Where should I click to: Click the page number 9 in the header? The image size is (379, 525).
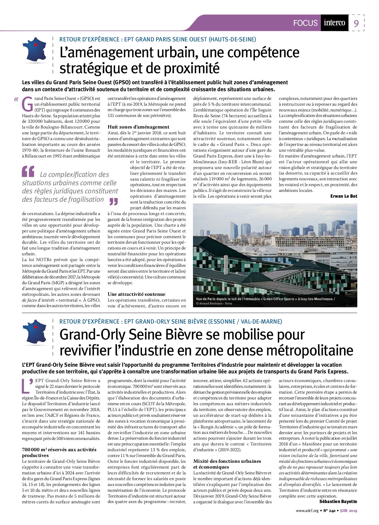point(356,23)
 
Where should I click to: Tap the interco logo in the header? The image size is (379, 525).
point(334,23)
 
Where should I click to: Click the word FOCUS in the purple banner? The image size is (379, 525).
point(305,23)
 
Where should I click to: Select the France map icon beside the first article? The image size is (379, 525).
point(35,50)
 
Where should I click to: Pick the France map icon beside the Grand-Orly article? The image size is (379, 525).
point(35,332)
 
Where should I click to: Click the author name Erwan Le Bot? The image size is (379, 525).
point(344,196)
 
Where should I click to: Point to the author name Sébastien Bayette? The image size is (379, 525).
point(338,502)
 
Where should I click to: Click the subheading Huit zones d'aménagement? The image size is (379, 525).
point(138,127)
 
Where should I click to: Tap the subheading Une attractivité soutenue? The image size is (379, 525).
point(137,294)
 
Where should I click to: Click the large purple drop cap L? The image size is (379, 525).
point(27,386)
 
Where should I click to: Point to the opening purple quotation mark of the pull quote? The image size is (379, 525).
point(28,172)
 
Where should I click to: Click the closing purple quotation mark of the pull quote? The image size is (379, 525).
point(114,201)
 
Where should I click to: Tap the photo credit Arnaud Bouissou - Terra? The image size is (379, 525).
point(214,304)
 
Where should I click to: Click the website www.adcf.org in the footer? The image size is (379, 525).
point(307,511)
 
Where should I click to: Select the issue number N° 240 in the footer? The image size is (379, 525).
point(329,511)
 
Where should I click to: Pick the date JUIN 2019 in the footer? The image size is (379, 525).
point(349,511)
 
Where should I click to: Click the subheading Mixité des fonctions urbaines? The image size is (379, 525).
point(227,461)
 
